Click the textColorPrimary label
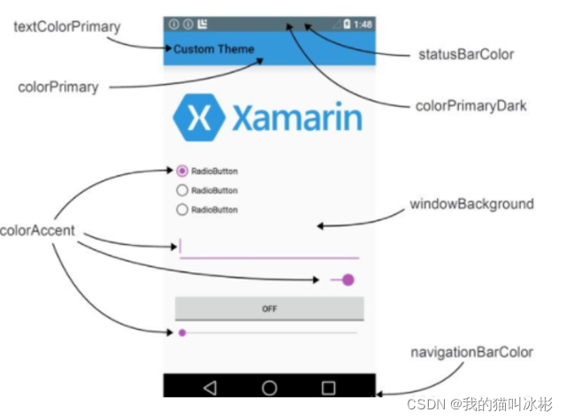[67, 27]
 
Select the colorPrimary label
[58, 87]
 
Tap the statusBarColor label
[466, 55]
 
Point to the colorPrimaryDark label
[471, 106]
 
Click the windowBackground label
[471, 204]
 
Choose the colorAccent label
[37, 233]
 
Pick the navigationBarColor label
[471, 352]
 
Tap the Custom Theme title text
[214, 50]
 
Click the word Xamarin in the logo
[297, 118]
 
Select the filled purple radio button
[183, 172]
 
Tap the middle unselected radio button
[183, 191]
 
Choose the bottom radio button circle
[183, 210]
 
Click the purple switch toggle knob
[348, 280]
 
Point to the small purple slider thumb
[182, 332]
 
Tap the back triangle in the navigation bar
[210, 387]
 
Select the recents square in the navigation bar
[328, 387]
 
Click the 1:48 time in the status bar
[363, 25]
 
